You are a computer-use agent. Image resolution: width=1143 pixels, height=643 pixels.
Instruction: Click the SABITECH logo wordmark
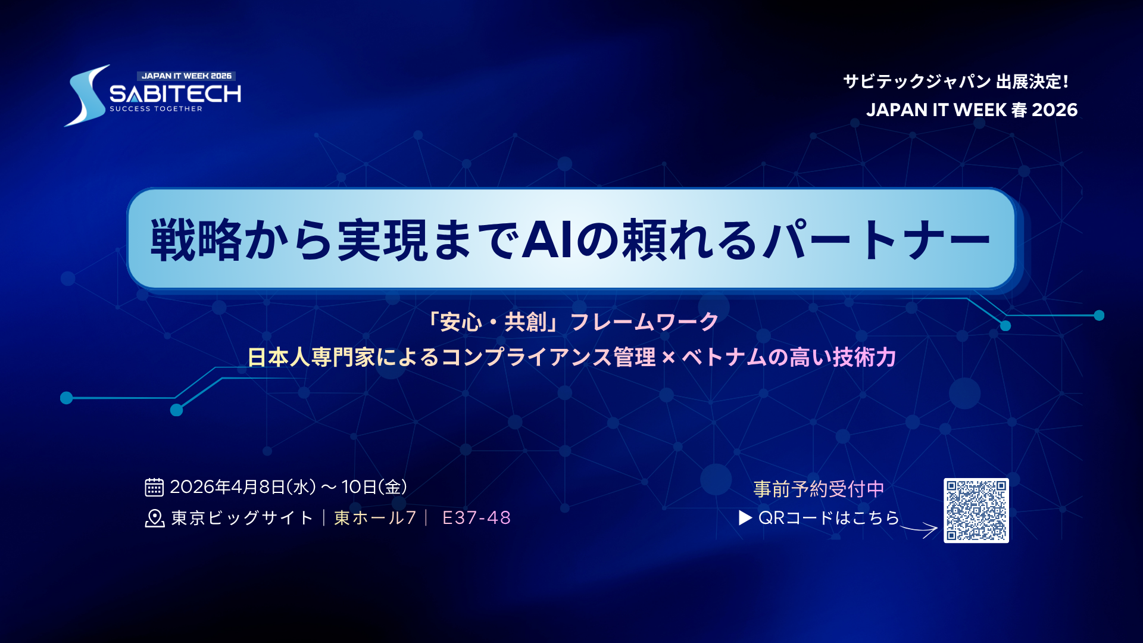[x=176, y=93]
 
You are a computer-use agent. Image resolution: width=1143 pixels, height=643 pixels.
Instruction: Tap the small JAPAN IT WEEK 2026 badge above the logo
[x=186, y=76]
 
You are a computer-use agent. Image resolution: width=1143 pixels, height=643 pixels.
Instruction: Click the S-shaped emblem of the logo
[x=87, y=95]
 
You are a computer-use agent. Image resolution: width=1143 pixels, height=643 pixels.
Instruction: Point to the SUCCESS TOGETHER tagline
[x=156, y=109]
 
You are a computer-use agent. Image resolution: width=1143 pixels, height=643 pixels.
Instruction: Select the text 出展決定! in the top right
[x=1033, y=82]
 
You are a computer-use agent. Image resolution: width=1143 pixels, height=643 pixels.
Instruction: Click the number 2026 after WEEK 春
[x=1054, y=110]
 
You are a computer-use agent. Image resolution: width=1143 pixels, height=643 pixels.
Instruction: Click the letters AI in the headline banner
[x=548, y=239]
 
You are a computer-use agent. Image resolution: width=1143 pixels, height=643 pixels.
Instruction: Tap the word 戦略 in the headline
[x=196, y=239]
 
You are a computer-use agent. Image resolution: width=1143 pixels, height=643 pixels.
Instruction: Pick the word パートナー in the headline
[x=877, y=239]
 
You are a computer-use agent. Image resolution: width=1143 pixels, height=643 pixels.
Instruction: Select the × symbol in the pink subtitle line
[x=669, y=358]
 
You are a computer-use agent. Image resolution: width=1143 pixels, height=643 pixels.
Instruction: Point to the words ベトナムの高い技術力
[x=789, y=357]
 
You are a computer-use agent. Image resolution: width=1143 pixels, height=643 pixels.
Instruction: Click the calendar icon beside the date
[x=154, y=487]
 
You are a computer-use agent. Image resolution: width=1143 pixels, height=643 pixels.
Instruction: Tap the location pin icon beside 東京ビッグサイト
[x=155, y=518]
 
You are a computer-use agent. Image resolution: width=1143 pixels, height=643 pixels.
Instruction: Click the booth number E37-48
[x=476, y=518]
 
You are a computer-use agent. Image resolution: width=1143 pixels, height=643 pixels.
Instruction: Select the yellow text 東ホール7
[x=375, y=518]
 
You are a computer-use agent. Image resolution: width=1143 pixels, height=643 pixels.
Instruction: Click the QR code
[x=976, y=510]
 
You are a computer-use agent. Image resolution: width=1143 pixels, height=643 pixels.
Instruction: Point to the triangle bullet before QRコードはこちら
[x=745, y=518]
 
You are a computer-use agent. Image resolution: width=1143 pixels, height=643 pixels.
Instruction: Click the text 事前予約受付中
[x=819, y=489]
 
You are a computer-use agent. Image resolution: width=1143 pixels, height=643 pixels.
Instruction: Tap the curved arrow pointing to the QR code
[x=920, y=528]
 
